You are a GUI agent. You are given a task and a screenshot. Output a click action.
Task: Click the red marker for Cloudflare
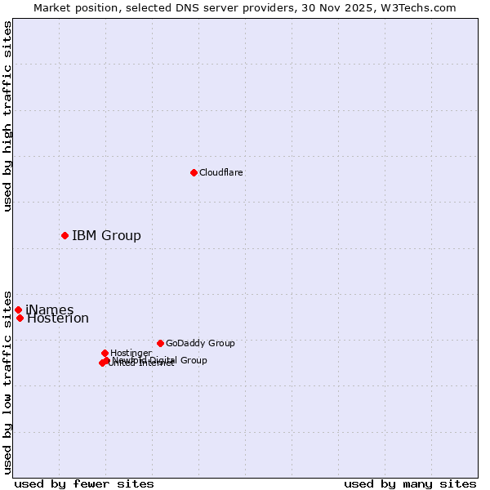point(194,172)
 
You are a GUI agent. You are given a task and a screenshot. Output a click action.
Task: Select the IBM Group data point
point(65,235)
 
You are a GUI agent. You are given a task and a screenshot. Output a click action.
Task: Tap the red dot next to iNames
point(18,310)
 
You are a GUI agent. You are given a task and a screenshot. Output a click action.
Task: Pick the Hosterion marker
point(20,318)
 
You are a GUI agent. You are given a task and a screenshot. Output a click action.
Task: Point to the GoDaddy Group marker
point(160,343)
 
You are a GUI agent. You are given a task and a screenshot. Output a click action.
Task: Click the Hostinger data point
point(105,353)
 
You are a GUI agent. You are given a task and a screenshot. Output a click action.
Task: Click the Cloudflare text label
point(220,172)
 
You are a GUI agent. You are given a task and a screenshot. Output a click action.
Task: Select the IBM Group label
point(106,236)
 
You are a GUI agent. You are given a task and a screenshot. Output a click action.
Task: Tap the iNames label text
point(50,310)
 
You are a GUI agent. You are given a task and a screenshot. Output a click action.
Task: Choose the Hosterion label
point(58,318)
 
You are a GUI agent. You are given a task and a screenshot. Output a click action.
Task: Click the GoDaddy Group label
point(200,343)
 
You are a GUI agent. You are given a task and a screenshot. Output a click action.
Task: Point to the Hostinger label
point(131,353)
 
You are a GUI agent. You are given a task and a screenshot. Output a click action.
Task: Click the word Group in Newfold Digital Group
point(193,360)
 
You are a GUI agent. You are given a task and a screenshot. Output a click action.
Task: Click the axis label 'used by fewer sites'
point(84,483)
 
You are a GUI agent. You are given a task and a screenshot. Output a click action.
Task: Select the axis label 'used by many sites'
point(410,483)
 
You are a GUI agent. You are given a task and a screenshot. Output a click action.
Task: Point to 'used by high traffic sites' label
point(8,116)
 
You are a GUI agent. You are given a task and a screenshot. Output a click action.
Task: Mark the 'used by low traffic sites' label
point(8,381)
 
